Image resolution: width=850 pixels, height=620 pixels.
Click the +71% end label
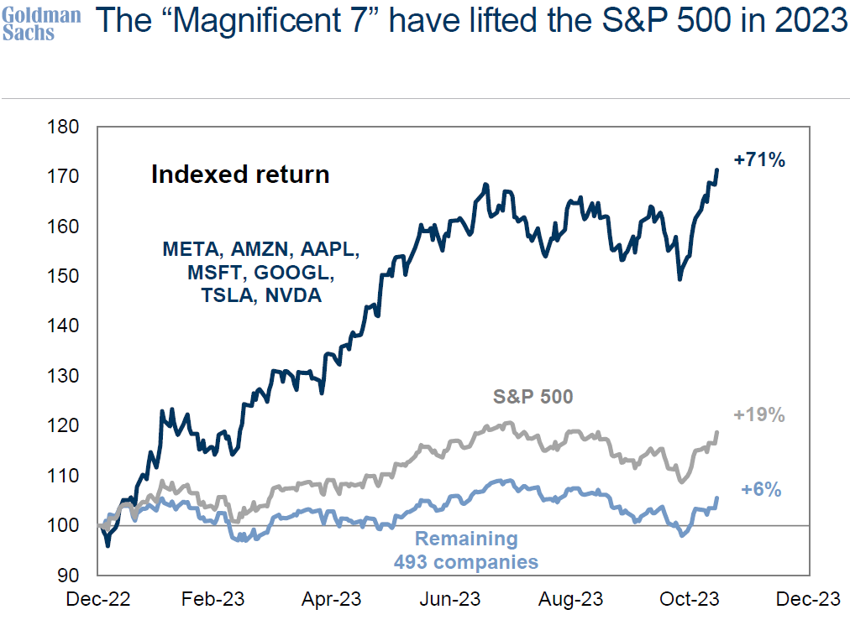tap(759, 159)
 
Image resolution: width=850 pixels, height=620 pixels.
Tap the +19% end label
tap(759, 414)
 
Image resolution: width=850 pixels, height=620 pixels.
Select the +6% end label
tap(762, 490)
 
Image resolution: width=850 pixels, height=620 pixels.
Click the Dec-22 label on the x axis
tap(99, 599)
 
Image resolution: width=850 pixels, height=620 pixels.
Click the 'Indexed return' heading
tap(240, 175)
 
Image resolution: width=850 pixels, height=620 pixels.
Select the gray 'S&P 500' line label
tap(533, 396)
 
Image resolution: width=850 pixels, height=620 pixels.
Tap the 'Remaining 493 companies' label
tap(467, 550)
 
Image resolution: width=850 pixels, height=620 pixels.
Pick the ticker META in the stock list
tap(192, 249)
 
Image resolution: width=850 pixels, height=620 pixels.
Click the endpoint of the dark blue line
tap(717, 169)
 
